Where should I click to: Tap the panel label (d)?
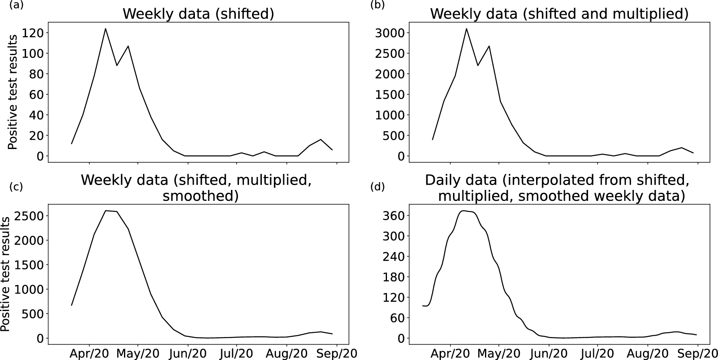click(x=377, y=187)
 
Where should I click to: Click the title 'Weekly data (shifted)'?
click(x=198, y=14)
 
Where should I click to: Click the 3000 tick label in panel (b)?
click(x=389, y=33)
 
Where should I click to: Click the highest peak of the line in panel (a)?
click(x=105, y=28)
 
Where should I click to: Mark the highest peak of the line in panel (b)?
click(x=466, y=28)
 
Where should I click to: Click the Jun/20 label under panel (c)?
click(x=188, y=354)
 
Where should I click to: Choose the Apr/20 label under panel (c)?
click(x=90, y=354)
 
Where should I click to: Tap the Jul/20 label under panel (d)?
click(x=598, y=354)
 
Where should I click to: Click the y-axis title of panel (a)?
click(x=13, y=92)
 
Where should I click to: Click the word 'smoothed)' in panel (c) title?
click(x=200, y=196)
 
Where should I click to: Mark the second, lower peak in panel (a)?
click(x=128, y=46)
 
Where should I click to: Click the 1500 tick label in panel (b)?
click(x=389, y=94)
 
